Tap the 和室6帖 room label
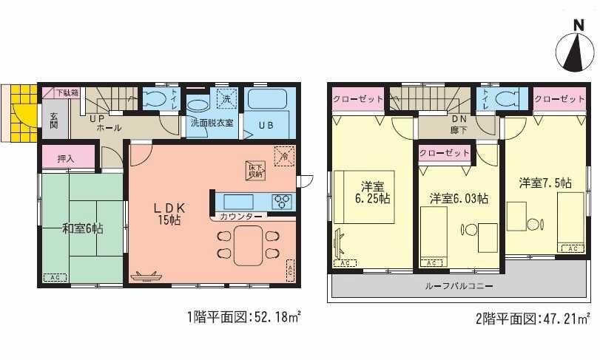point(82,228)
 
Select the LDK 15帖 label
point(169,213)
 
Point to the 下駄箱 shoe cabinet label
point(71,93)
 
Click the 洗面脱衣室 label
point(212,123)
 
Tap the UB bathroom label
point(266,124)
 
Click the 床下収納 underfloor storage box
point(254,169)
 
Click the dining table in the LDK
point(248,245)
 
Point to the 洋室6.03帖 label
point(459,198)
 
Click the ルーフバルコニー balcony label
point(459,285)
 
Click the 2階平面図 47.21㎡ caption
point(532,319)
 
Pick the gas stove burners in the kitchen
point(281,200)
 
